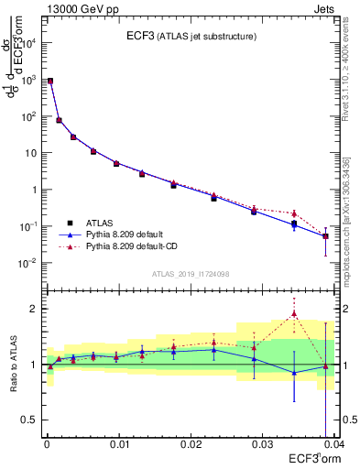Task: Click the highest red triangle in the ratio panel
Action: [x=294, y=314]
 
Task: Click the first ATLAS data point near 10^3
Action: [x=50, y=82]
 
